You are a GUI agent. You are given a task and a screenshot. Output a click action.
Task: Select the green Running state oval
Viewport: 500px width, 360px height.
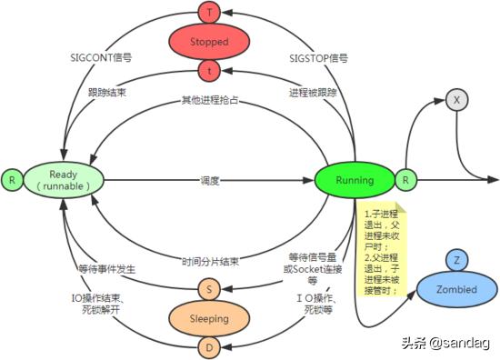[354, 179]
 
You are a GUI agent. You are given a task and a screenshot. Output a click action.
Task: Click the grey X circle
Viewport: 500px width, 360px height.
[457, 99]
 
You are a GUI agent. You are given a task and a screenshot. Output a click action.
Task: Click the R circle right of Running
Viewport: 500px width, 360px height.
[405, 180]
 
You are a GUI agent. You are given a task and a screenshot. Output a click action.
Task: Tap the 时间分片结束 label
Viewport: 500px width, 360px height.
[210, 261]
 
